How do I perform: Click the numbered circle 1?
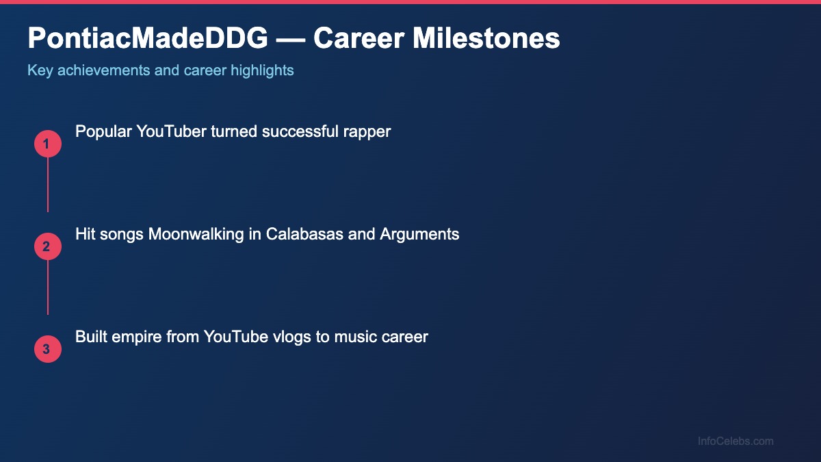[48, 144]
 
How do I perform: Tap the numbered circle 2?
[48, 246]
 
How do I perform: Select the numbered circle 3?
[48, 349]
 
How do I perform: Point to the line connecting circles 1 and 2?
[48, 185]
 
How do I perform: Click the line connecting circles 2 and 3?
[48, 287]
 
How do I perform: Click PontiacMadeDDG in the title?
[148, 39]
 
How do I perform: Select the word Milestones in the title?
[486, 39]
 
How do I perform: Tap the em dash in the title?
[291, 39]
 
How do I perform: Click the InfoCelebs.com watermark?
[735, 441]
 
